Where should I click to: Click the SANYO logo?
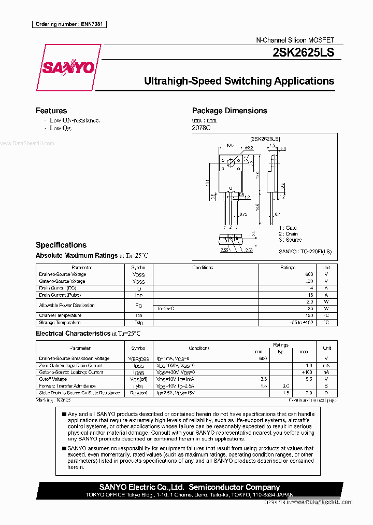[68, 67]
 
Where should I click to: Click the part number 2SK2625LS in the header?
[304, 52]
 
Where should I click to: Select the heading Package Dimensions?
[229, 110]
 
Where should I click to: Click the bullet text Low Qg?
[61, 128]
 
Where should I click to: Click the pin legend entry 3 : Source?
[290, 240]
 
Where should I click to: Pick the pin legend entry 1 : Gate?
[288, 228]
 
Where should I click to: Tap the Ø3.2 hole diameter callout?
[249, 148]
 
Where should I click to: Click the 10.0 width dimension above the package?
[229, 145]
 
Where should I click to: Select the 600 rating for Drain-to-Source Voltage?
[309, 274]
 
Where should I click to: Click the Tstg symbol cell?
[138, 323]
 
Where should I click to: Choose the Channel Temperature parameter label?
[60, 315]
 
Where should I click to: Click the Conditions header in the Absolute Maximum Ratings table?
[203, 268]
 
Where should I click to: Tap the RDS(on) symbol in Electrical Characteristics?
[138, 393]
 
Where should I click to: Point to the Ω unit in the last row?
[326, 393]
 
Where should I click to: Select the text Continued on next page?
[313, 400]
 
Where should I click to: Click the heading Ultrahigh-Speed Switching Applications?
[239, 81]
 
